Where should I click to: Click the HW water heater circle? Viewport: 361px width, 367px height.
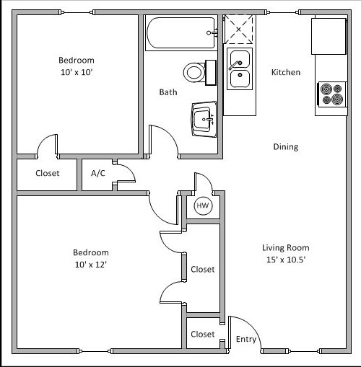(x=202, y=207)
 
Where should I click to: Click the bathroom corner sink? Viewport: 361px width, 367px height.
(x=204, y=116)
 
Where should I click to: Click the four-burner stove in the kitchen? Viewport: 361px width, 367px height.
(x=331, y=94)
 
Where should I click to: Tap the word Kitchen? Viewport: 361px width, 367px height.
(x=285, y=73)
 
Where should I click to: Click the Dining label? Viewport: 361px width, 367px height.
(x=285, y=147)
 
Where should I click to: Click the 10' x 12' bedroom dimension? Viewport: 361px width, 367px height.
(x=91, y=265)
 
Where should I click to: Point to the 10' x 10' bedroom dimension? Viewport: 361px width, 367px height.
(x=77, y=73)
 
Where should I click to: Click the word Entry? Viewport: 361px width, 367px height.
(x=246, y=340)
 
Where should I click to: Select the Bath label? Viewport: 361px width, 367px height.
(x=168, y=92)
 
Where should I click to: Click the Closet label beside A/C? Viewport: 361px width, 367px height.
(x=47, y=173)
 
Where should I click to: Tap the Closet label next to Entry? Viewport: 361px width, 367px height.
(x=203, y=335)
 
